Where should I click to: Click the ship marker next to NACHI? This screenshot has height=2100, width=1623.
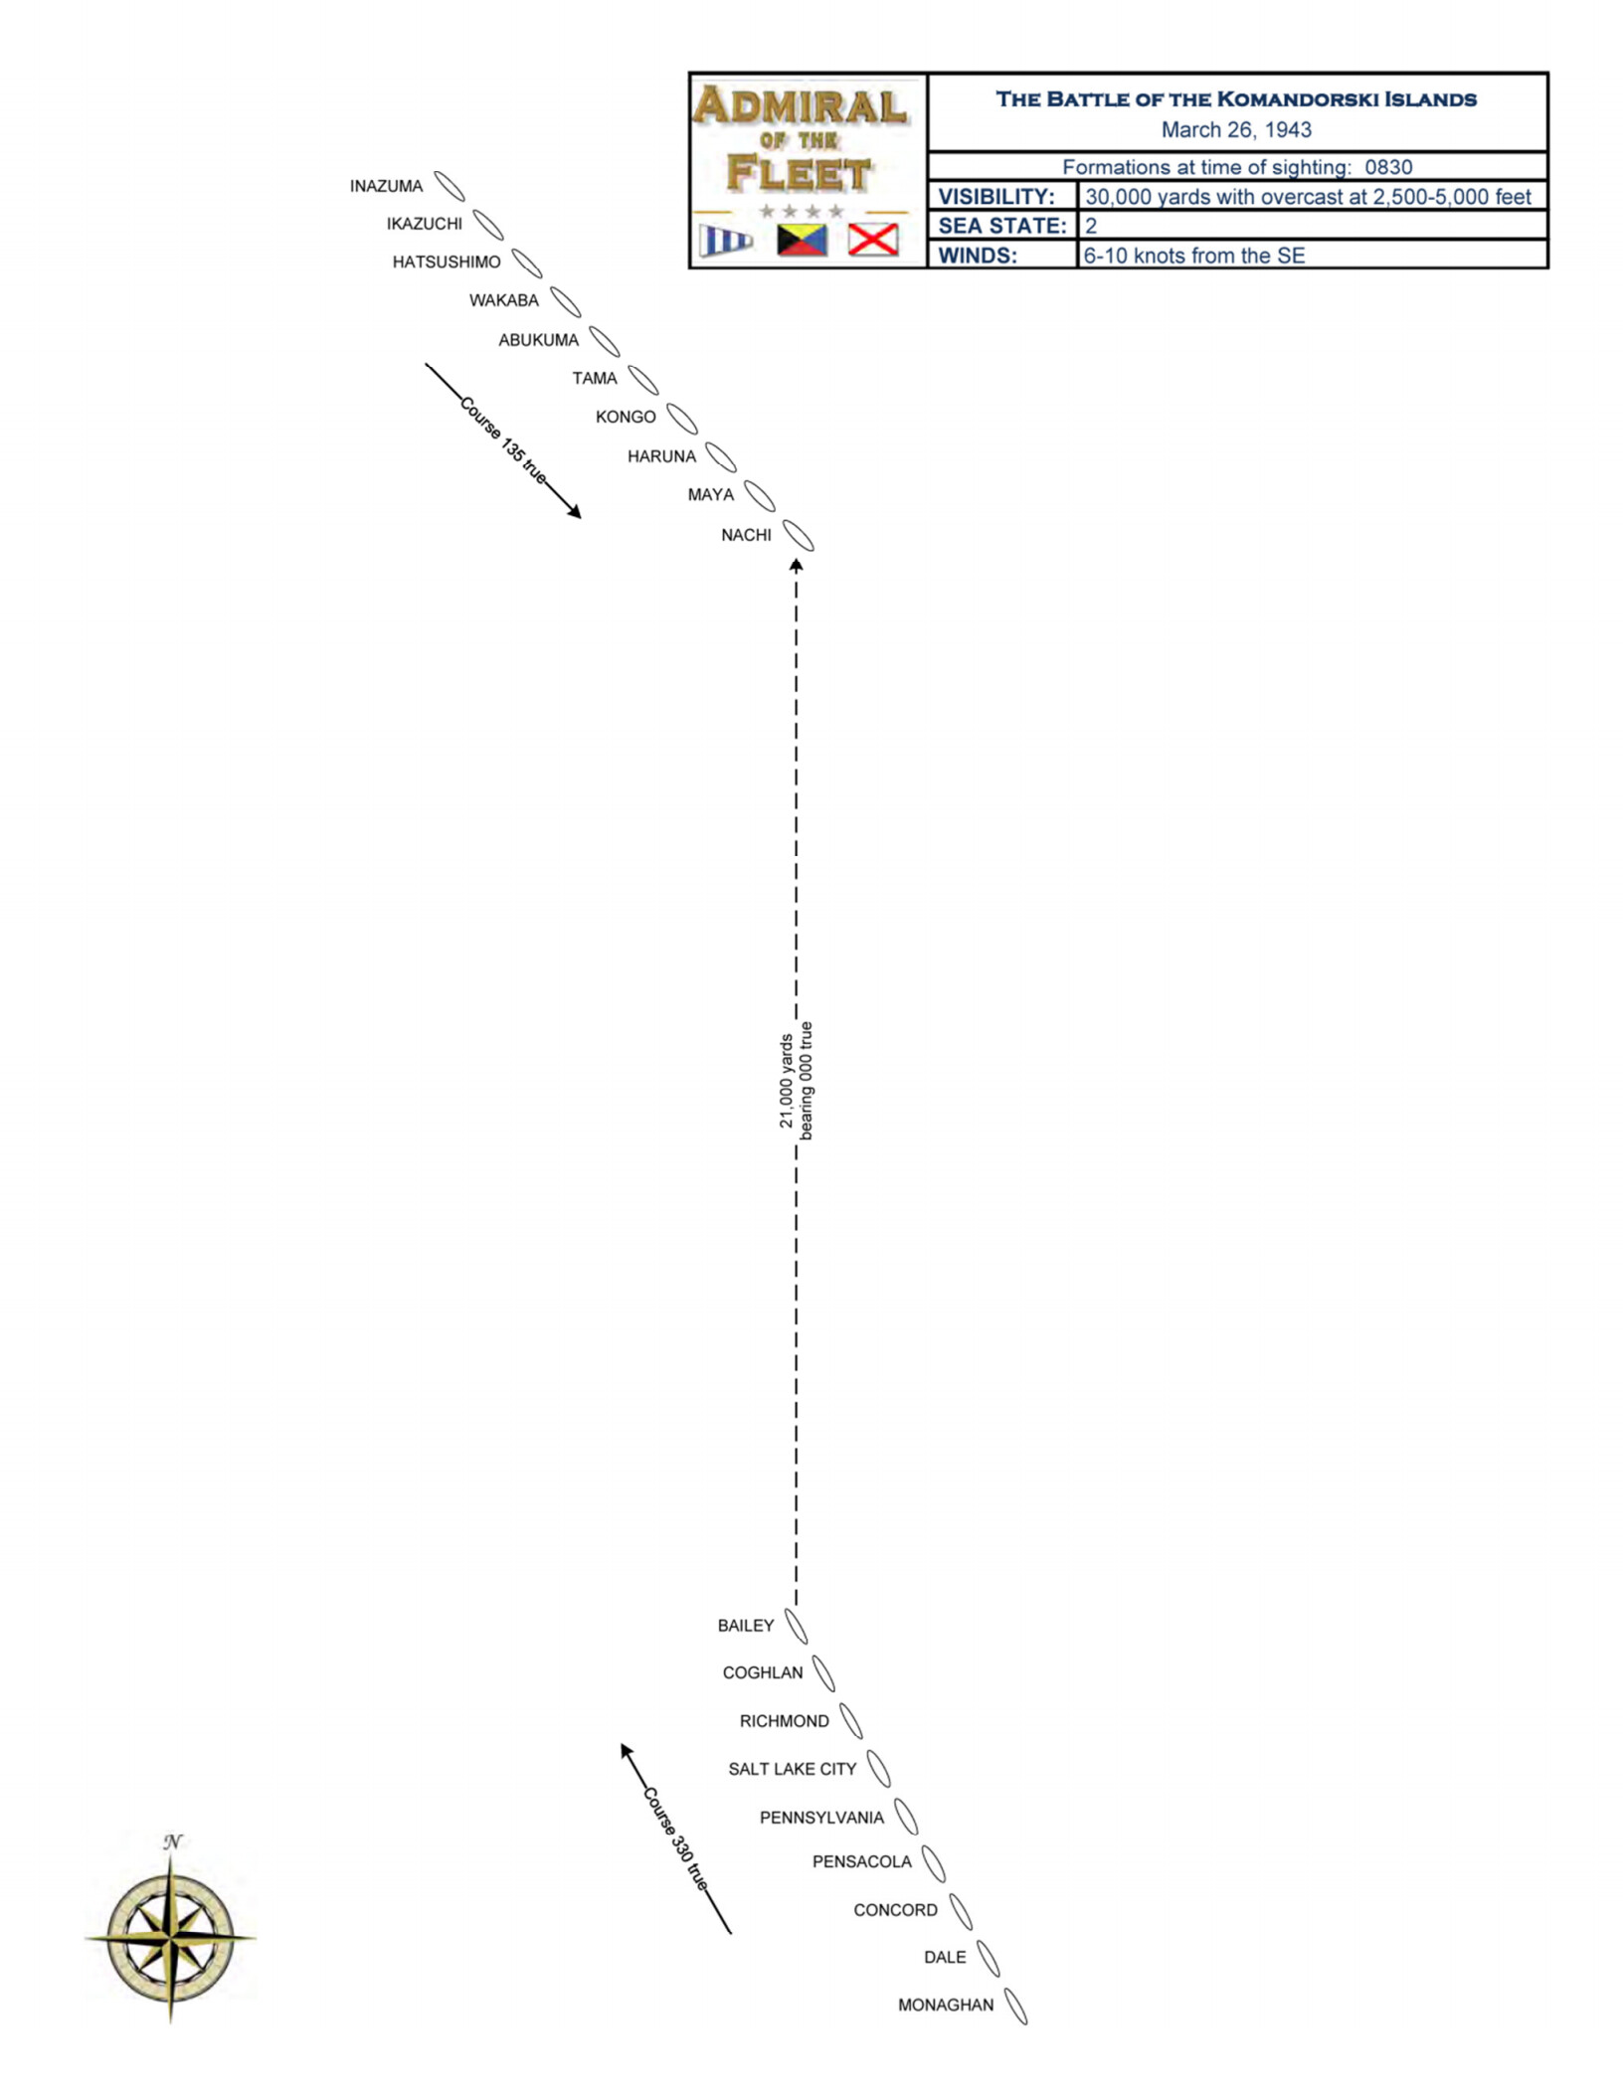[798, 535]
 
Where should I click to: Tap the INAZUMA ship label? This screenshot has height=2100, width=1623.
[386, 186]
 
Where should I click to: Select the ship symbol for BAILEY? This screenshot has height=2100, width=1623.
[796, 1625]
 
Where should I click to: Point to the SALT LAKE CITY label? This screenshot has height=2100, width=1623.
[792, 1769]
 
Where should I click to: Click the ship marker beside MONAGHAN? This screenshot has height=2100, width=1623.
[1014, 2006]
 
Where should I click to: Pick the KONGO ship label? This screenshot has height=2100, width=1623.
[626, 417]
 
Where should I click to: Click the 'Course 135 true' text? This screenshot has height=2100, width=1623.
[503, 440]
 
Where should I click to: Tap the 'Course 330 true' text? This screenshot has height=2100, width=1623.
[676, 1839]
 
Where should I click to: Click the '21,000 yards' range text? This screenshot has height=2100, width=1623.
[786, 1081]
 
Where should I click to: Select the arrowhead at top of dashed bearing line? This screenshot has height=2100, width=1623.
[796, 565]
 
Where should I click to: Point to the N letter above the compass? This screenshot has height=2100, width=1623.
[172, 1841]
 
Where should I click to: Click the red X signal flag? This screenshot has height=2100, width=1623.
[872, 240]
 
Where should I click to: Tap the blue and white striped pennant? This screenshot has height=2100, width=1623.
[726, 241]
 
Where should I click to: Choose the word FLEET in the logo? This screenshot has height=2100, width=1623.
[799, 173]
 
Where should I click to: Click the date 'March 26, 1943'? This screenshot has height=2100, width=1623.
[1236, 129]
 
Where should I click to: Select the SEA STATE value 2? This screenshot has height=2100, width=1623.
[1091, 226]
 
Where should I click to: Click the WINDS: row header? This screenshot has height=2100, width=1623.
[978, 256]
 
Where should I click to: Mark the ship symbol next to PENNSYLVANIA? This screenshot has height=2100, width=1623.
[905, 1817]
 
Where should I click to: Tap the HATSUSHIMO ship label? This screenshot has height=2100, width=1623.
[447, 262]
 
